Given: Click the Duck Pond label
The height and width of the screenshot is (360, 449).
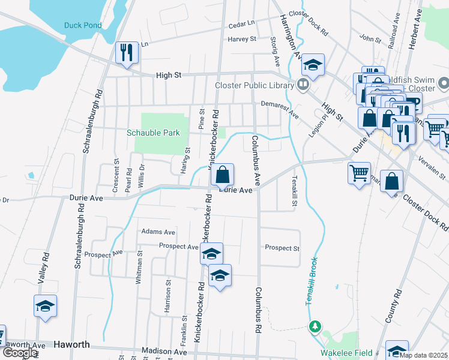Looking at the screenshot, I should [x=83, y=25].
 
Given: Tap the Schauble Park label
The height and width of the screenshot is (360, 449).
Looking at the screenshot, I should [x=153, y=133].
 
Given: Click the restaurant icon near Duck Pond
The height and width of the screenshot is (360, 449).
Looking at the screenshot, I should [x=127, y=52].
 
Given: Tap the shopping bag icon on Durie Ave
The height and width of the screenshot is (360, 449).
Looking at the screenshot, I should [x=222, y=175].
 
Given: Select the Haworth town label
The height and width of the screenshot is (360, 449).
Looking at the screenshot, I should [x=71, y=345].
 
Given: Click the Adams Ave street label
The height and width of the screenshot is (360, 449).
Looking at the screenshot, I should [x=158, y=232].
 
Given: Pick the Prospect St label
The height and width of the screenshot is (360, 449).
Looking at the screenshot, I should [x=282, y=248].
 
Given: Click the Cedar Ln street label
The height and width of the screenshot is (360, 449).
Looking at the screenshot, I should [x=242, y=26].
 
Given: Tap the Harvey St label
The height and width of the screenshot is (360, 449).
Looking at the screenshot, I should [x=242, y=39].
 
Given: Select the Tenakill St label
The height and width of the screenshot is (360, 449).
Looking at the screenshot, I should [x=295, y=190].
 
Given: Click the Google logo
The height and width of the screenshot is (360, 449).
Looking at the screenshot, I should [x=19, y=353].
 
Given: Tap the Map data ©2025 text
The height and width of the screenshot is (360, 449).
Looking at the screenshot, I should [x=423, y=355].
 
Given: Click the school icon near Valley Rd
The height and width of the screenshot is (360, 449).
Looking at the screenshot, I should [x=46, y=306].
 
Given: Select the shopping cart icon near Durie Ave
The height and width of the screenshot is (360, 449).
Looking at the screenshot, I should [x=359, y=173].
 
